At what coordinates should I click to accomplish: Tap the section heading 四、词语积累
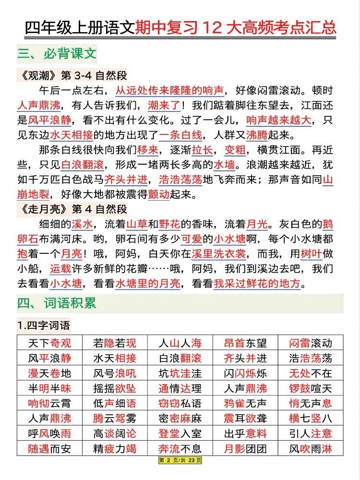coord(57,303)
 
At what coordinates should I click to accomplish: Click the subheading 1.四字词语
coord(44,326)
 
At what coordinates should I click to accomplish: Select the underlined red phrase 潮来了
coord(164,105)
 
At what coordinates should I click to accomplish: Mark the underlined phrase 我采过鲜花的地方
coord(257,284)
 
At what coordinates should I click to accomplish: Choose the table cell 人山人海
coord(180,343)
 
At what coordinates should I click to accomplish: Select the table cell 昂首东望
coord(246,343)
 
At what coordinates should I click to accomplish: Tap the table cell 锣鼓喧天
coord(311,388)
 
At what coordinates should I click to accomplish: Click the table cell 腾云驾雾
coord(115,418)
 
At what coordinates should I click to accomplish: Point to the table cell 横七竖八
coord(311,418)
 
